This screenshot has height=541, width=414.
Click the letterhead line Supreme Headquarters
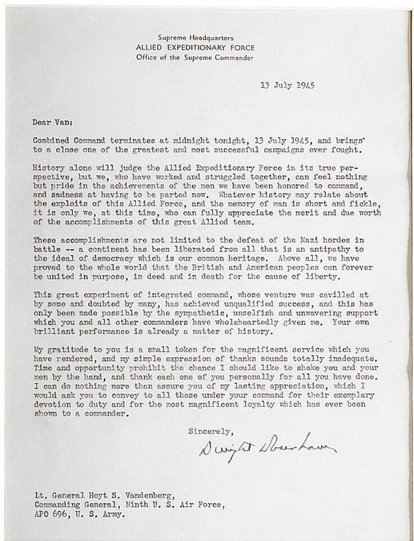coord(195,38)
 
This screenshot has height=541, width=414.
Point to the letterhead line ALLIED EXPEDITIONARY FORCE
coord(195,48)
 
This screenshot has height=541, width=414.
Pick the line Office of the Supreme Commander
coord(195,58)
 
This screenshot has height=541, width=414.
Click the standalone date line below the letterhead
coord(287,85)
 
